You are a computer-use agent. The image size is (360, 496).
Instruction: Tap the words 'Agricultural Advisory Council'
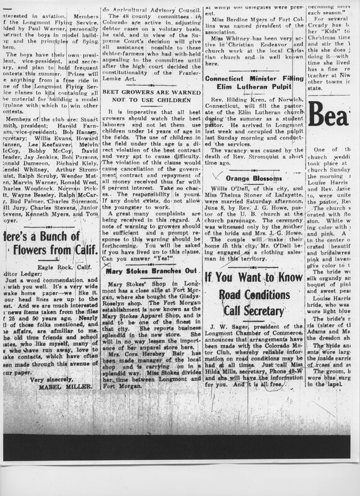coord(155,9)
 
